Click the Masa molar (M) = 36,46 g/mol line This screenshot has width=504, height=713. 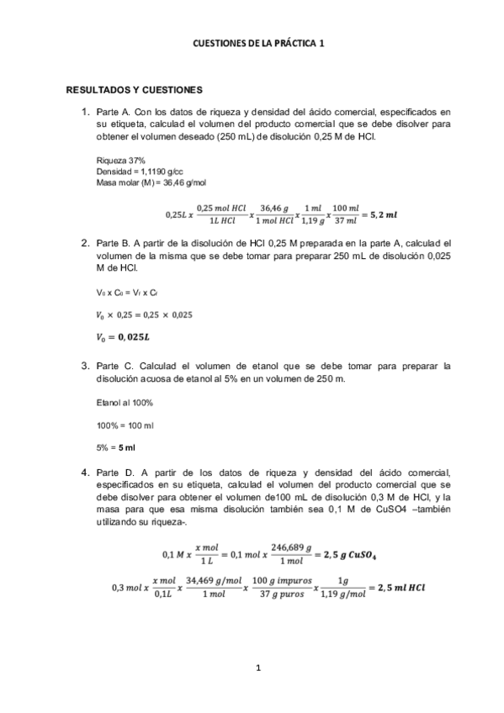[140, 182]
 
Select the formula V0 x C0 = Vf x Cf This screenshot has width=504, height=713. [127, 292]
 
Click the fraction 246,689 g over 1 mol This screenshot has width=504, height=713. [293, 555]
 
